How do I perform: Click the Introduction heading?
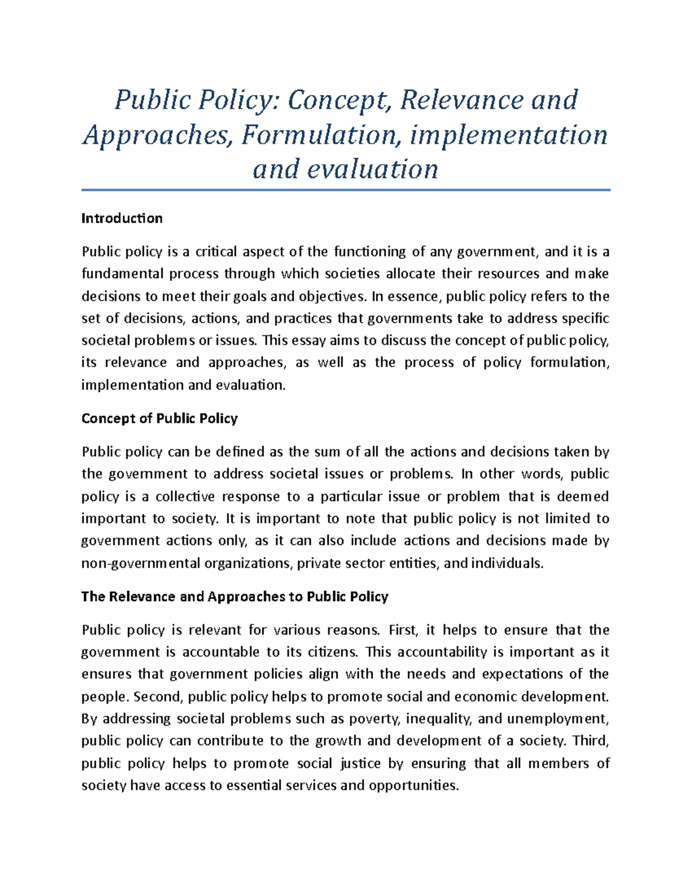122,218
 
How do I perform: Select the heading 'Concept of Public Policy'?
159,418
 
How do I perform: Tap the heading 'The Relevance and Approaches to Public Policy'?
235,596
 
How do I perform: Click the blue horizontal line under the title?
345,190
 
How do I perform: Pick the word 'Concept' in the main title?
336,100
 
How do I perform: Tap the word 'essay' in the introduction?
307,341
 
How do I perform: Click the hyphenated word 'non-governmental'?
141,564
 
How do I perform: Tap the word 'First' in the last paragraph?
403,630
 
